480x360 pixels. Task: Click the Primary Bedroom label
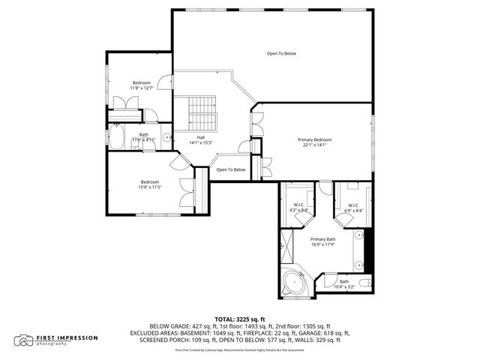point(313,140)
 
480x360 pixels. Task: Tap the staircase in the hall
point(201,113)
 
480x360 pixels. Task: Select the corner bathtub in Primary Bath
point(292,283)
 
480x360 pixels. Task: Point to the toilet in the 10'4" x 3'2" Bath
point(364,283)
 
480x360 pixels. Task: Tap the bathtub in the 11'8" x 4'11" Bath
point(117,137)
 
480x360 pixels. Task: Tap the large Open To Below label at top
point(282,53)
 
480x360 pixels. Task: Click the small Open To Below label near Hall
point(231,169)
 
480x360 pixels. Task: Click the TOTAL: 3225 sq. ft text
point(240,319)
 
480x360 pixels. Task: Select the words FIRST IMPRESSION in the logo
point(67,337)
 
